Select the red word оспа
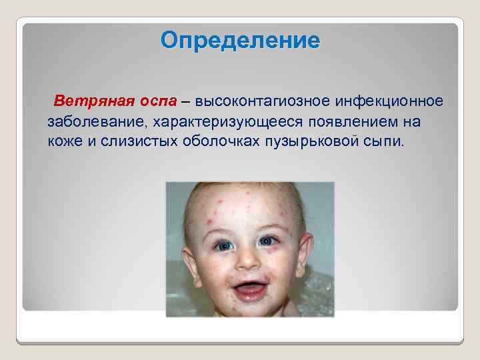pos(158,101)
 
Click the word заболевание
pos(97,122)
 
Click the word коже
pos(63,142)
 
